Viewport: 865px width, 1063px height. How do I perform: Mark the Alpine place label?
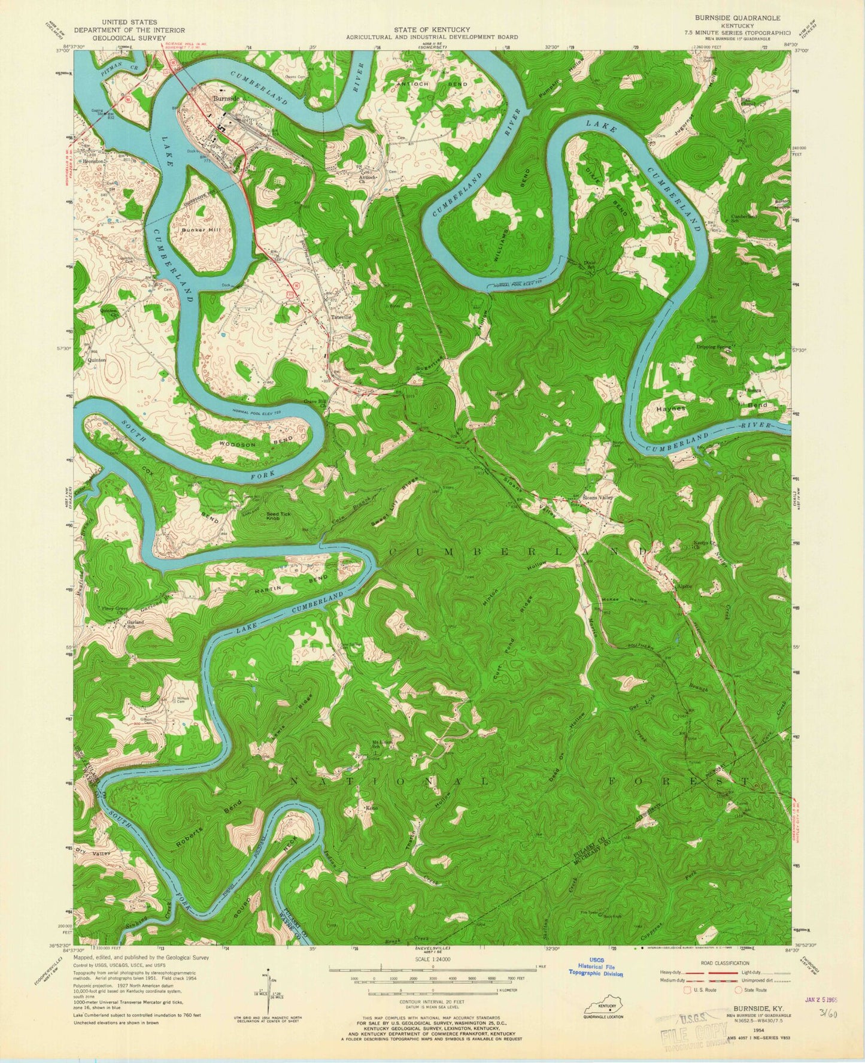coord(684,586)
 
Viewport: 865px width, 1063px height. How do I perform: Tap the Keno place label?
coord(372,808)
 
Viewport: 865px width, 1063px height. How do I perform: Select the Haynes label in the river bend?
coord(669,407)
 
